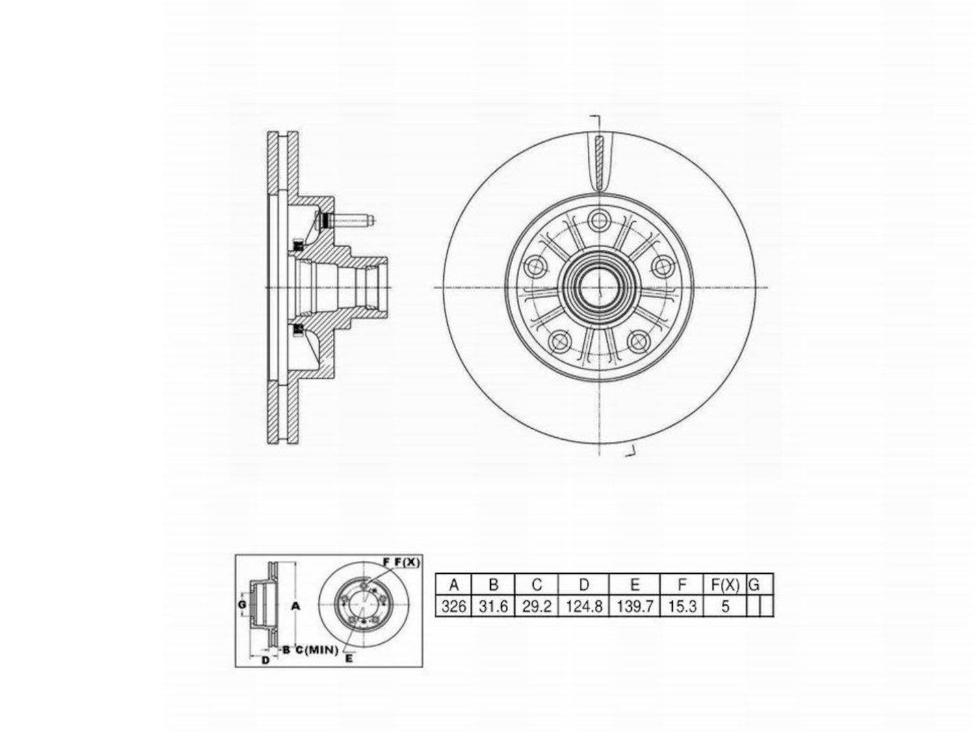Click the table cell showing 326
coord(453,606)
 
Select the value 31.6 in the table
coord(493,606)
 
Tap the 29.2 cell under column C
coord(537,606)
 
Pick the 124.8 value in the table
coord(584,606)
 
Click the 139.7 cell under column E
coord(635,606)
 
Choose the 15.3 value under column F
coord(682,606)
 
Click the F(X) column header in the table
coord(725,584)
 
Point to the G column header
coord(754,584)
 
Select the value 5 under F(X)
coord(725,606)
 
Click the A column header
coord(454,584)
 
